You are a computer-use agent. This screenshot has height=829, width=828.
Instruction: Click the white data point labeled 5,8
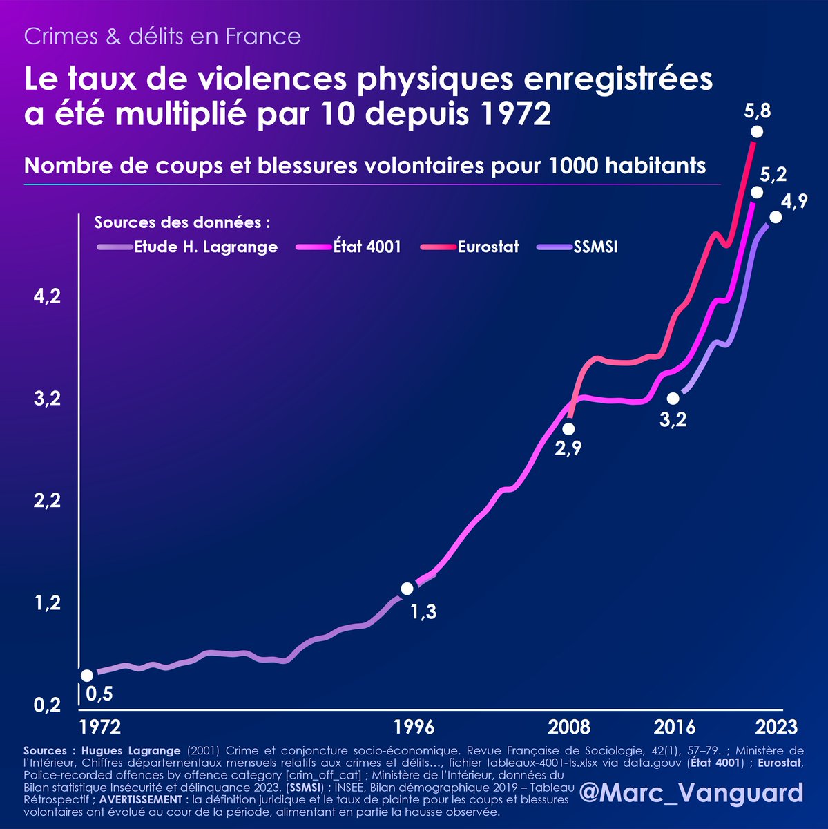757,132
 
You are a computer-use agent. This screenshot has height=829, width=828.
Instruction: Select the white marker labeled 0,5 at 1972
87,676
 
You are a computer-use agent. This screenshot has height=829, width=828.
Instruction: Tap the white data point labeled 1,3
407,589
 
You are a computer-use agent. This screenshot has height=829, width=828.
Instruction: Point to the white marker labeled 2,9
568,430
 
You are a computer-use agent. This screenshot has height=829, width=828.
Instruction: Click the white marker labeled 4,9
776,217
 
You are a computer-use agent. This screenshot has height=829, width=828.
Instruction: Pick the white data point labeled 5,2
757,192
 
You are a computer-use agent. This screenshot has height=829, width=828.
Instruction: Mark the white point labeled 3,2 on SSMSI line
673,399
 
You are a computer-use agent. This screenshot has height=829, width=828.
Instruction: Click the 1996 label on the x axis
415,727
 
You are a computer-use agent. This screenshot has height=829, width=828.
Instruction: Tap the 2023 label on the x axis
776,727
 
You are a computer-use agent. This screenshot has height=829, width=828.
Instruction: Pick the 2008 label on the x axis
569,727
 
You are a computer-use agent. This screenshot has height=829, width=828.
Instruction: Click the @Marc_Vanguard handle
691,792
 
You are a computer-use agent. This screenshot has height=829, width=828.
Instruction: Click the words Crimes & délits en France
162,36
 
